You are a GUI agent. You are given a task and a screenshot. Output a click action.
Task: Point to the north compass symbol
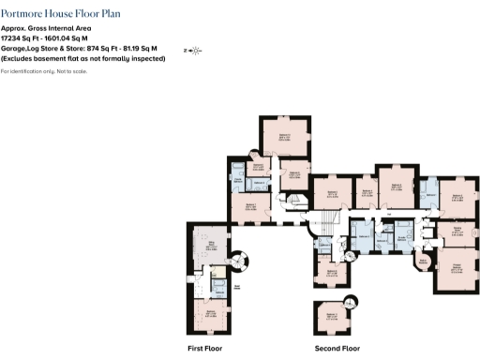click(x=195, y=50)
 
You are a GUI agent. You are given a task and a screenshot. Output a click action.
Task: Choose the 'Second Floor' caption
click(x=337, y=348)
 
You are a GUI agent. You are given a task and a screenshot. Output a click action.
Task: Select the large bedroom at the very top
click(x=284, y=139)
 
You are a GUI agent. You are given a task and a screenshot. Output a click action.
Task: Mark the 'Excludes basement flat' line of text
click(x=83, y=58)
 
